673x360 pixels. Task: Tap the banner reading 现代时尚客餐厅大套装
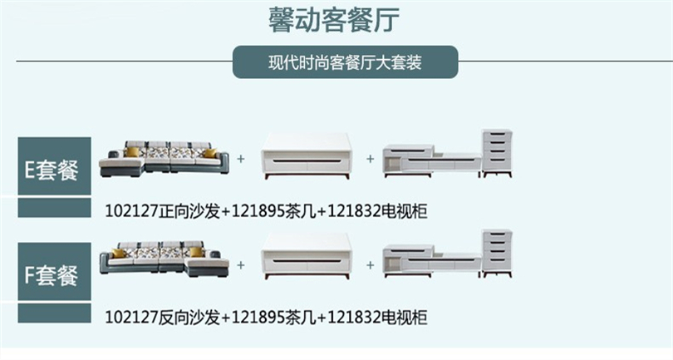[x=345, y=62]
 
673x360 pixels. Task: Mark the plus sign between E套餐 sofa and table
[x=241, y=157]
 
